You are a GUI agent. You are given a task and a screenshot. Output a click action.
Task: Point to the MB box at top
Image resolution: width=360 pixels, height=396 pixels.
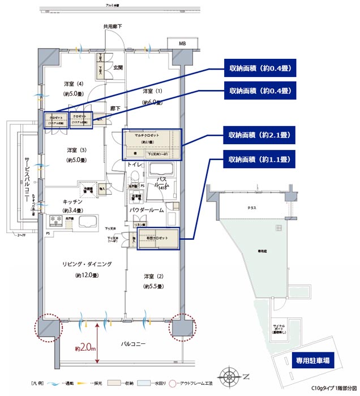pos(182,44)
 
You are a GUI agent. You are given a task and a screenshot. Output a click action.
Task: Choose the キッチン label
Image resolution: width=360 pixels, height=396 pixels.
pos(73,201)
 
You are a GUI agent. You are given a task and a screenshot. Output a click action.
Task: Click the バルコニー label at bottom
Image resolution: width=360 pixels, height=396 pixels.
pos(134,344)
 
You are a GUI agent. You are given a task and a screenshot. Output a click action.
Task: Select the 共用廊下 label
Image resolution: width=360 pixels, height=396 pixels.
pos(113,27)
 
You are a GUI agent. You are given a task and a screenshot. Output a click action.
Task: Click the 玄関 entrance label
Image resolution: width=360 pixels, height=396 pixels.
pos(118,68)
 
